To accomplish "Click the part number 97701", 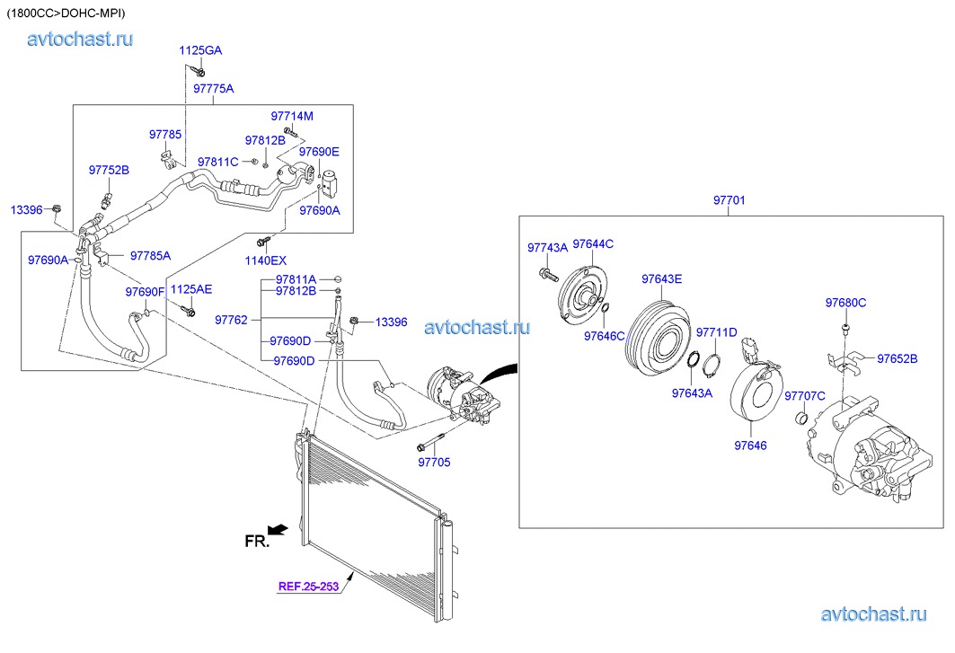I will tap(729, 200).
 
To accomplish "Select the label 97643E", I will tap(661, 278).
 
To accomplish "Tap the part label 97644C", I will tap(593, 243).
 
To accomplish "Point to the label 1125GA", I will tap(199, 49).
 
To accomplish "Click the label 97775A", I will tap(213, 88).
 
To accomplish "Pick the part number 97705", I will tap(434, 462).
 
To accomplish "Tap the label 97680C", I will tap(845, 303).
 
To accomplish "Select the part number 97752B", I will tap(109, 170).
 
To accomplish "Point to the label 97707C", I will tap(805, 395).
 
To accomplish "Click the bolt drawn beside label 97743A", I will tap(546, 273).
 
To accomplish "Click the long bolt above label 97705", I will tap(431, 444).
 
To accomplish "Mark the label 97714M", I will tap(292, 117).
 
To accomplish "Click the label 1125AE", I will tap(190, 289).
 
